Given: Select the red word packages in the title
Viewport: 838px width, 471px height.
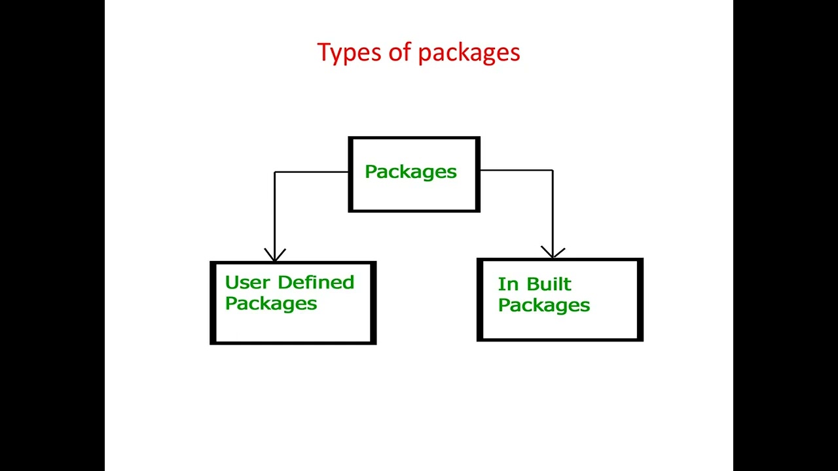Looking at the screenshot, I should tap(469, 53).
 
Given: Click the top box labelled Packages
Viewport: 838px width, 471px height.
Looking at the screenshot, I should tap(414, 174).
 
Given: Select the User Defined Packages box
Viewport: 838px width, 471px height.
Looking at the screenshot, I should tap(293, 303).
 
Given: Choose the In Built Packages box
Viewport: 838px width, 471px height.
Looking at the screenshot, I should tap(560, 300).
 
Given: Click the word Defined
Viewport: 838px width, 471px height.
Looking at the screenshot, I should tap(316, 283).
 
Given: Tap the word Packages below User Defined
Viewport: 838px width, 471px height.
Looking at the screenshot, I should tap(271, 304).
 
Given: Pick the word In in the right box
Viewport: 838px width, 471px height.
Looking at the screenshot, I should tap(508, 285).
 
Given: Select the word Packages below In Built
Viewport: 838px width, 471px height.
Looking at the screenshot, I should tap(544, 305).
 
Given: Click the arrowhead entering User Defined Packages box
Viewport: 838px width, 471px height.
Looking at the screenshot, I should tap(275, 255).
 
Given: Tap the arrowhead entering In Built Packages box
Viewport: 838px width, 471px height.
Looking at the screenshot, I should tap(553, 253).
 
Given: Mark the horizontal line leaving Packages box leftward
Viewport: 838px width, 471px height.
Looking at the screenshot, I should tap(312, 172).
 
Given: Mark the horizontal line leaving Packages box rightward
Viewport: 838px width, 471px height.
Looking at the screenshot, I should tap(517, 170).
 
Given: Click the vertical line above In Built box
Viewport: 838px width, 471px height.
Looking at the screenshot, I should tap(553, 209).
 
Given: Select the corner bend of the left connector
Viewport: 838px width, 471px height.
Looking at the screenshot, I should tap(275, 172).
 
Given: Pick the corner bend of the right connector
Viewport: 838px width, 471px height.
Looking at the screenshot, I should tap(553, 170).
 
